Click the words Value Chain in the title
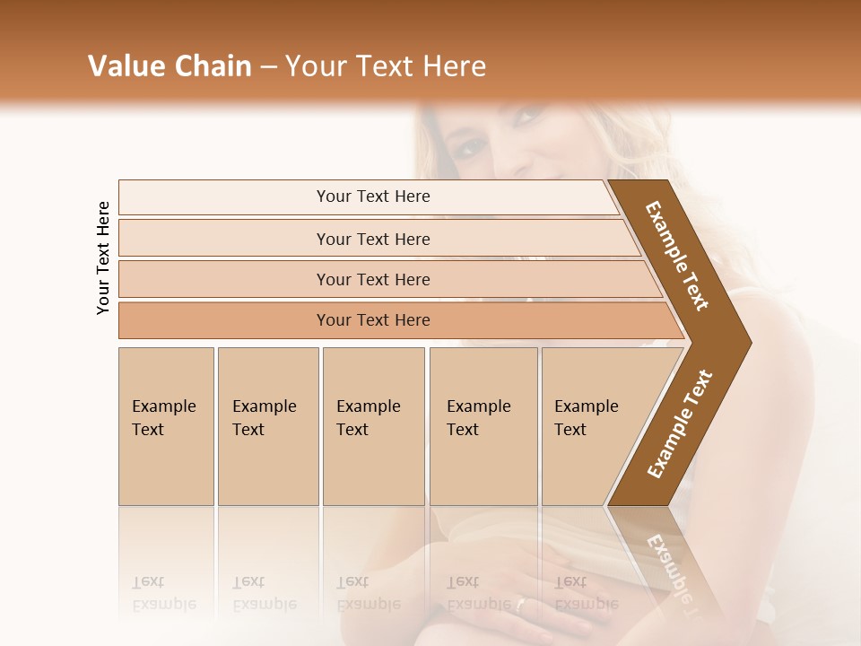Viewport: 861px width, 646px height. click(170, 66)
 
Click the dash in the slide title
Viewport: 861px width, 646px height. click(267, 66)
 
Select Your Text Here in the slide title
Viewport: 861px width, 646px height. click(386, 66)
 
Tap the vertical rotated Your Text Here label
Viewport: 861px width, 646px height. click(103, 258)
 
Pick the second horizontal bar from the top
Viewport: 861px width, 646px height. click(372, 239)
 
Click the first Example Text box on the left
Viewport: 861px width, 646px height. click(166, 426)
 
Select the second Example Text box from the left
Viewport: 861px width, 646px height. click(268, 426)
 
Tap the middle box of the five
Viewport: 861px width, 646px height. click(373, 426)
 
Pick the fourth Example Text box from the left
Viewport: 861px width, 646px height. click(483, 426)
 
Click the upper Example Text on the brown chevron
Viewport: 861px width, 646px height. click(678, 256)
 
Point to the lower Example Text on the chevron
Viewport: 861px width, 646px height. click(680, 423)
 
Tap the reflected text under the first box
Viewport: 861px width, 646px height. click(163, 593)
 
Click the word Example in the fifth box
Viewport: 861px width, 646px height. click(586, 406)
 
